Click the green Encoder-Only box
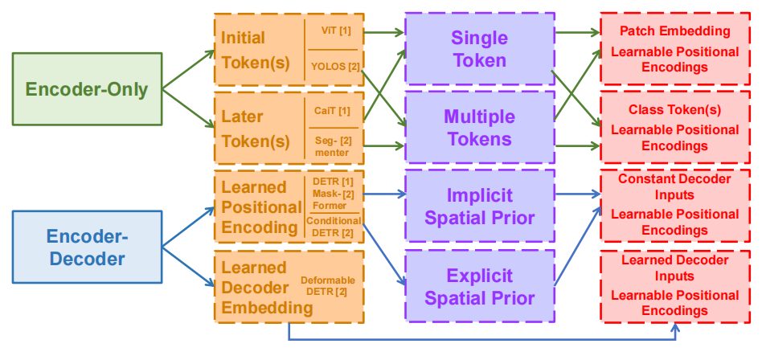coord(87,88)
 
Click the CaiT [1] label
coord(332,110)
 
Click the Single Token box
coord(479,49)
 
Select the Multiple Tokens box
coord(479,129)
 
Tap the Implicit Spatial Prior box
coord(479,207)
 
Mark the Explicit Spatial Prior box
coord(479,287)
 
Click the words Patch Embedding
coord(675,31)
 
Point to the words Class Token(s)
coord(675,109)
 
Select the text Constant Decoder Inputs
coord(675,186)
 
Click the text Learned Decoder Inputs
coord(675,268)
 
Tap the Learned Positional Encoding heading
coord(261,207)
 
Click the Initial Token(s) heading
coord(255,49)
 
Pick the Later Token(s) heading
coord(255,129)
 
